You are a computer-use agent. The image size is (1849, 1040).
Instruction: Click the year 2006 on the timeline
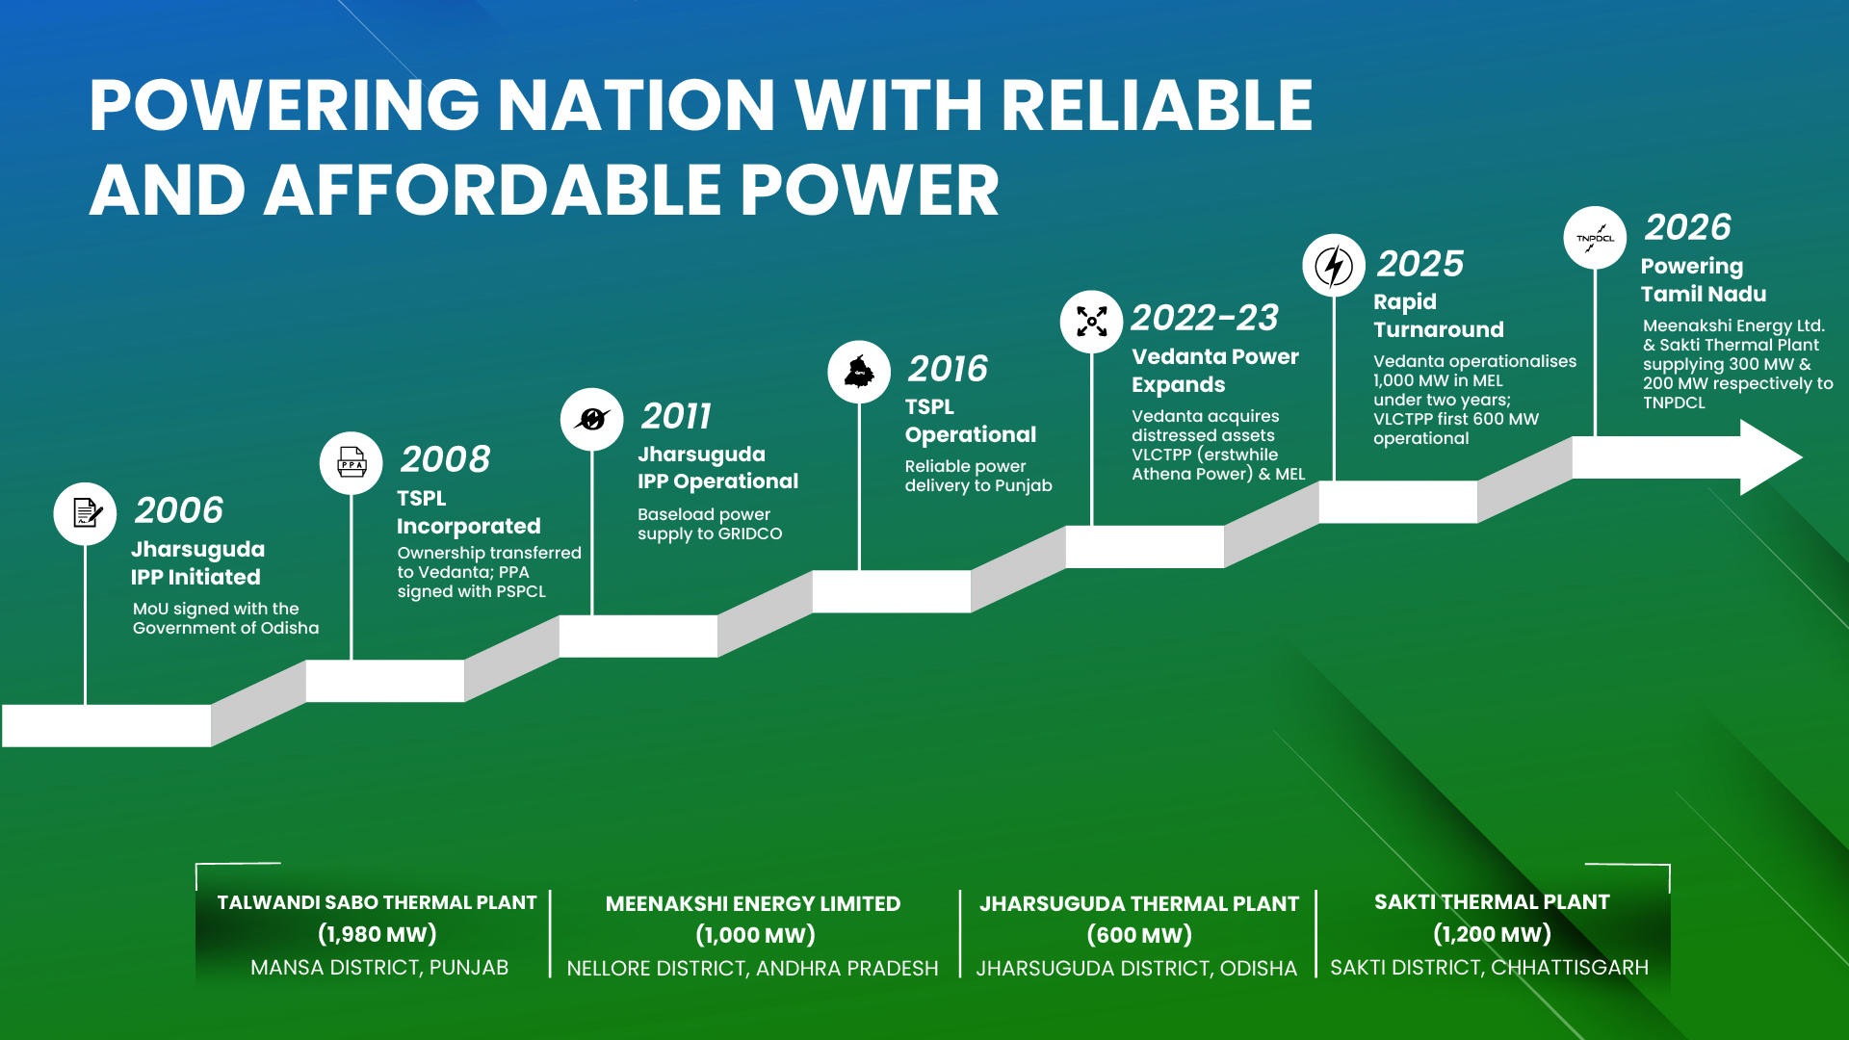point(179,510)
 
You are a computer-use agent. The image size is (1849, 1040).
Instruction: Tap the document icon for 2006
point(86,513)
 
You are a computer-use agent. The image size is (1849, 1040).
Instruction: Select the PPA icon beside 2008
point(352,463)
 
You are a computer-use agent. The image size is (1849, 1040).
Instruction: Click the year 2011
point(676,416)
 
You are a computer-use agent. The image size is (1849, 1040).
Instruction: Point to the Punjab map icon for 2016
point(859,372)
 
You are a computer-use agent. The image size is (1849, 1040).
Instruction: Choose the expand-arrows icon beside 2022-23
point(1091,322)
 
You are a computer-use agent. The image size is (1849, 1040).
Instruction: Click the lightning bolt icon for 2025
point(1334,266)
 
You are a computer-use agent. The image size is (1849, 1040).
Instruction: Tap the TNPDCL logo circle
point(1596,238)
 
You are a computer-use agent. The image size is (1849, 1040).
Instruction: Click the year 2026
point(1688,227)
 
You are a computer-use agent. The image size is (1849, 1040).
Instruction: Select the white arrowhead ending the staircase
point(1770,457)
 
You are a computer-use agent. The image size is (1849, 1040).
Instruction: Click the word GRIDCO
point(749,533)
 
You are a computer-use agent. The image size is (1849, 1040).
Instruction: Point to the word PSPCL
point(521,591)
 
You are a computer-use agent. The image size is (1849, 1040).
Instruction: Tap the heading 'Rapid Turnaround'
point(1439,316)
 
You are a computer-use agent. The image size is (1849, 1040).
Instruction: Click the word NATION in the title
point(637,105)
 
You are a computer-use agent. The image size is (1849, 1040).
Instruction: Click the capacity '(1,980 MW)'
point(378,934)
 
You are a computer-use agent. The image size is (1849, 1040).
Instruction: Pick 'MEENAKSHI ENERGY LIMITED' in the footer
point(753,904)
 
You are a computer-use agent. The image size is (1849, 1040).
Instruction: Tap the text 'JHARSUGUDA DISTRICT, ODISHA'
point(1136,969)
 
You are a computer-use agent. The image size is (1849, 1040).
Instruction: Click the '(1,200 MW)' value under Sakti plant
point(1493,934)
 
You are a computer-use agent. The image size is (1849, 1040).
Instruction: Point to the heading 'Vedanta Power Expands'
point(1215,371)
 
